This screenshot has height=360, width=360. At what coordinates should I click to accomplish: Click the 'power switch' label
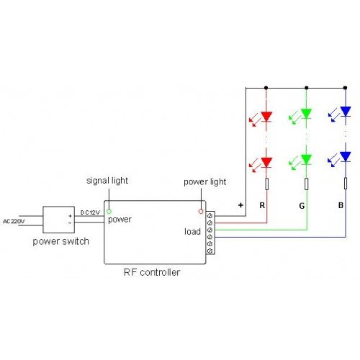tap(61, 241)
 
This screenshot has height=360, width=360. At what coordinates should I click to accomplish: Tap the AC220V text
tap(14, 221)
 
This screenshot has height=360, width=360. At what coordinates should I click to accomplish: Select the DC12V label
tap(90, 212)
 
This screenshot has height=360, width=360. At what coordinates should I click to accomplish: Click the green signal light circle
tap(109, 212)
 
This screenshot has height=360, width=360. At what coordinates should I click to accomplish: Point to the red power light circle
tap(201, 212)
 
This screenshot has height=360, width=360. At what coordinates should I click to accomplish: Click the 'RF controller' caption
tap(152, 272)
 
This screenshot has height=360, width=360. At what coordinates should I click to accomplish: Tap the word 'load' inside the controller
tap(192, 232)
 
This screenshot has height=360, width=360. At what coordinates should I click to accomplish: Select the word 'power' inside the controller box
tap(120, 220)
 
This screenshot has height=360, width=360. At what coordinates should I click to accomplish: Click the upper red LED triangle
tap(266, 117)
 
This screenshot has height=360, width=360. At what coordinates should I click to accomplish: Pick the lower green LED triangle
tap(306, 159)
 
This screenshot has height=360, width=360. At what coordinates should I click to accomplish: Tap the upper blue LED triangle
tap(346, 112)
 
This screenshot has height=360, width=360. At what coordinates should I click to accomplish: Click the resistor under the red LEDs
tap(266, 184)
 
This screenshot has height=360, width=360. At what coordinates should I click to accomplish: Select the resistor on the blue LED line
tap(346, 184)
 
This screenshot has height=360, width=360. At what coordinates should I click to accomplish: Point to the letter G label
tap(302, 206)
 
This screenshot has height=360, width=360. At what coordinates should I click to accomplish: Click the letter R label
tap(262, 205)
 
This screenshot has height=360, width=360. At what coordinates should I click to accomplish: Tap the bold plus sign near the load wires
tap(240, 205)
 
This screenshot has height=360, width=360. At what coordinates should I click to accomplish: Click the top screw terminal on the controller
tap(210, 216)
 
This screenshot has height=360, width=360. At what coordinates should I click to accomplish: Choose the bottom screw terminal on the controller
tap(210, 251)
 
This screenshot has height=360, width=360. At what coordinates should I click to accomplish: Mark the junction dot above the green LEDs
tap(306, 88)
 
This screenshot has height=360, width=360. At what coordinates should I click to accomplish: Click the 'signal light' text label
tap(107, 181)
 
